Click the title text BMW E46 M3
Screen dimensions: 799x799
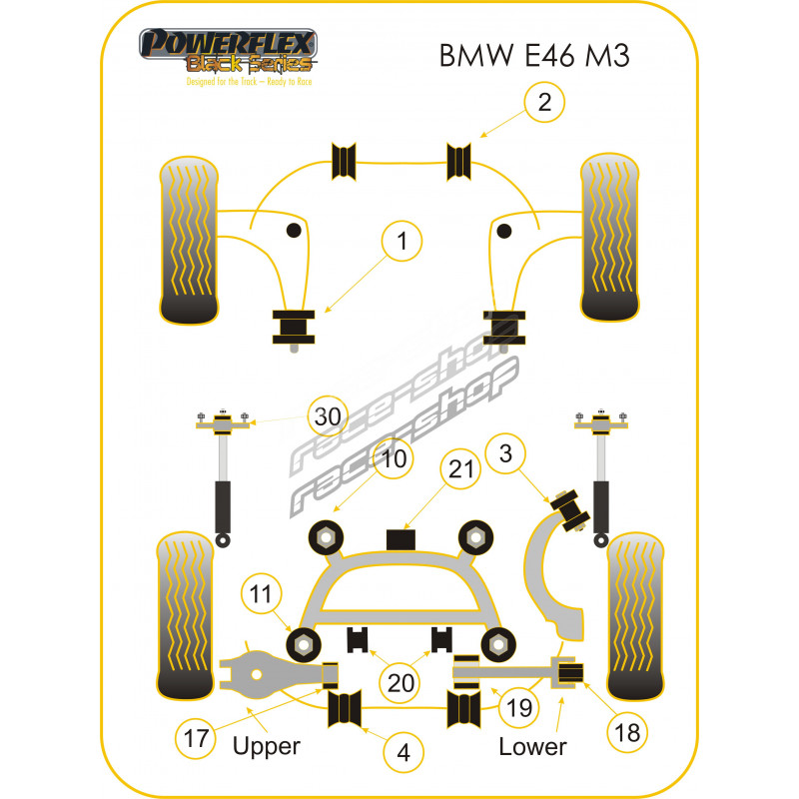[534, 55]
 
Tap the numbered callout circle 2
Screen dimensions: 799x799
[544, 102]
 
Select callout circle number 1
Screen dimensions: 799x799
[402, 241]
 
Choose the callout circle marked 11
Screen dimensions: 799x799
[261, 597]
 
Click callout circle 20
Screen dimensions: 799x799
[400, 683]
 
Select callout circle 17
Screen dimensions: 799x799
[195, 739]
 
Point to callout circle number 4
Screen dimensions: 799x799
[402, 752]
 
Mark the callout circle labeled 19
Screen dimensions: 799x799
[516, 708]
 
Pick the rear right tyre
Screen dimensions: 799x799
[637, 616]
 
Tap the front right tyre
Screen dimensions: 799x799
[610, 239]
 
